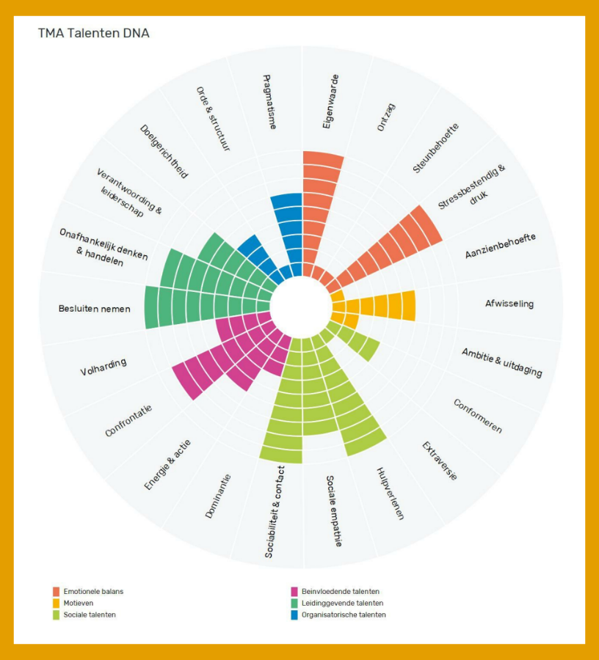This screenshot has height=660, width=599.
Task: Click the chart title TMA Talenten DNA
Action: point(93,34)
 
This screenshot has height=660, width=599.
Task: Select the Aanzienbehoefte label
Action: point(500,246)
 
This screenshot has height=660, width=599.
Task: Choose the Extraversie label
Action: point(440,461)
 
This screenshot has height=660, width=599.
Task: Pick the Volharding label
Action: point(104,367)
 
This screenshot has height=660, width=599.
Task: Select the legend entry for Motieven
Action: point(78,603)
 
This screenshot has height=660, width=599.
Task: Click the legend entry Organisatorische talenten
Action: point(343,615)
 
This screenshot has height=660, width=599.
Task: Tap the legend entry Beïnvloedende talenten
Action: point(340,591)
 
